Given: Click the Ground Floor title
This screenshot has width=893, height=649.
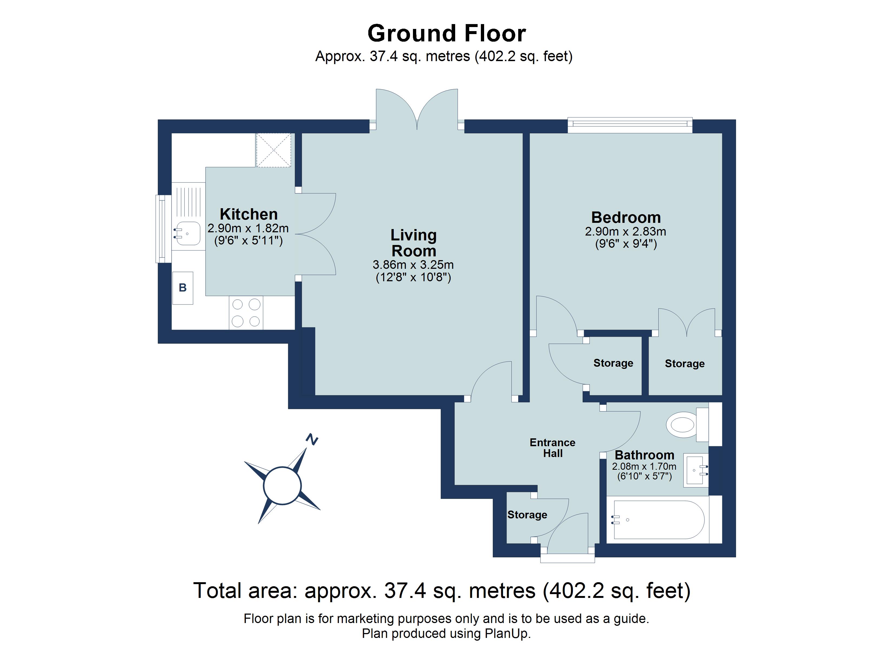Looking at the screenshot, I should [x=447, y=34].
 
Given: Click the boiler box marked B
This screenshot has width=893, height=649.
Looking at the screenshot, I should [x=183, y=288].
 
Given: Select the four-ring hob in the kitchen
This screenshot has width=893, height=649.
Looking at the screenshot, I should [x=246, y=313].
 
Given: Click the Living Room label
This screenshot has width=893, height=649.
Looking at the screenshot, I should [x=413, y=243].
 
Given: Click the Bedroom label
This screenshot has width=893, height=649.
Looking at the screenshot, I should [x=626, y=217].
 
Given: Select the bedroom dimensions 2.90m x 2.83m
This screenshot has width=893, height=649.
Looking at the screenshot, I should [x=625, y=231].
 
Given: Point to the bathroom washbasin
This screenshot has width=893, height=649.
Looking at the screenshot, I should [x=695, y=470].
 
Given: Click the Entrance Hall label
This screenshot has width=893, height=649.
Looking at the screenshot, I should [x=552, y=448].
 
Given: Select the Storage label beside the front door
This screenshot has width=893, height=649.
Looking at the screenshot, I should [x=527, y=515].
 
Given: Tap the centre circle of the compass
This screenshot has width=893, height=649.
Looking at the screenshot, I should [x=282, y=485].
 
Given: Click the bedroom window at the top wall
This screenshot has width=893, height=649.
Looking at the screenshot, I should [x=630, y=124].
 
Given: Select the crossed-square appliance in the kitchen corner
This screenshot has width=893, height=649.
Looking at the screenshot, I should [x=273, y=150].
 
